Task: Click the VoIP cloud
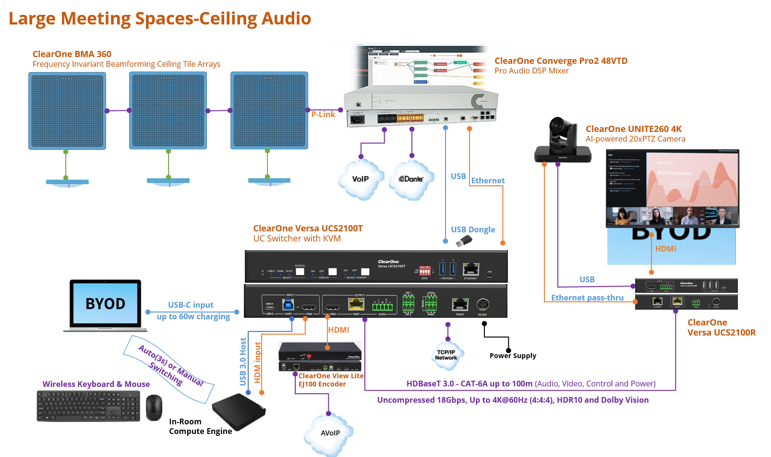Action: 361,180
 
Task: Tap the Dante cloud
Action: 411,180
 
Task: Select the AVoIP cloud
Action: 330,433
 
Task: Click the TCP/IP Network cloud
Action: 446,356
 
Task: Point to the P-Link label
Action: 323,114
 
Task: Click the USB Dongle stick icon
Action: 463,241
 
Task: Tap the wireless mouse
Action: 154,408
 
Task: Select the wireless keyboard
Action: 89,406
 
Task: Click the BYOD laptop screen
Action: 106,303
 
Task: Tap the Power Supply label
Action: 513,356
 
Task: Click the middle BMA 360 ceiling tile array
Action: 168,110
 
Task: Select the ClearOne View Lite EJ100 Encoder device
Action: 320,356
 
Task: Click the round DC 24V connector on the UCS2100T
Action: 482,305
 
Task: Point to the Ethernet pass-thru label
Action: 587,298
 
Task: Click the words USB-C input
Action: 191,305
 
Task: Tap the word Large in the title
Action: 32,19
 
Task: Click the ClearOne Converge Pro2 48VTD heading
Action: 561,61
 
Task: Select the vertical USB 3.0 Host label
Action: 243,361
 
